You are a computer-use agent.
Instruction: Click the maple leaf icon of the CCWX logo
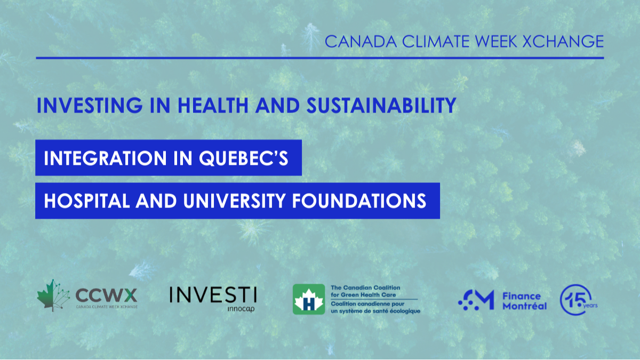pos(53,295)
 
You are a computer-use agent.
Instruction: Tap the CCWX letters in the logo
pos(106,294)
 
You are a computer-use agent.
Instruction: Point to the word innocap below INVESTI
pos(241,309)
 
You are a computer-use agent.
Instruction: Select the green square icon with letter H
pos(309,299)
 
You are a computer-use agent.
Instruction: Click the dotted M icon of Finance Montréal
pos(476,300)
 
